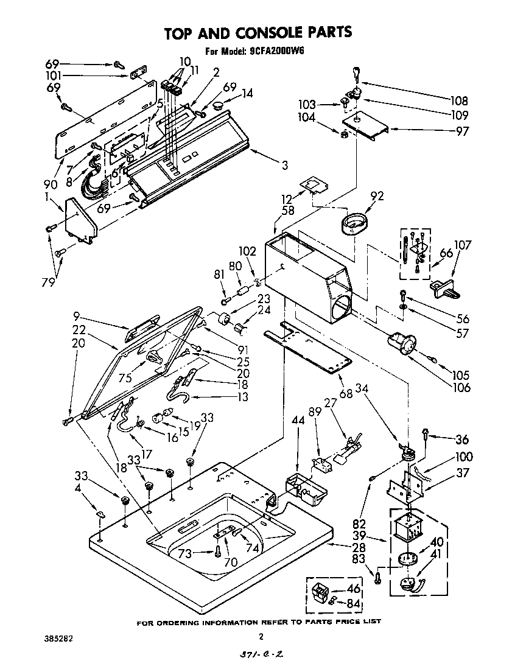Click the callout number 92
[x=377, y=196]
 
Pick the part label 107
[x=463, y=245]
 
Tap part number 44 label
[x=298, y=420]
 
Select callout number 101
[x=55, y=77]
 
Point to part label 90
[x=51, y=184]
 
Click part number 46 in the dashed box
[x=353, y=589]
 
